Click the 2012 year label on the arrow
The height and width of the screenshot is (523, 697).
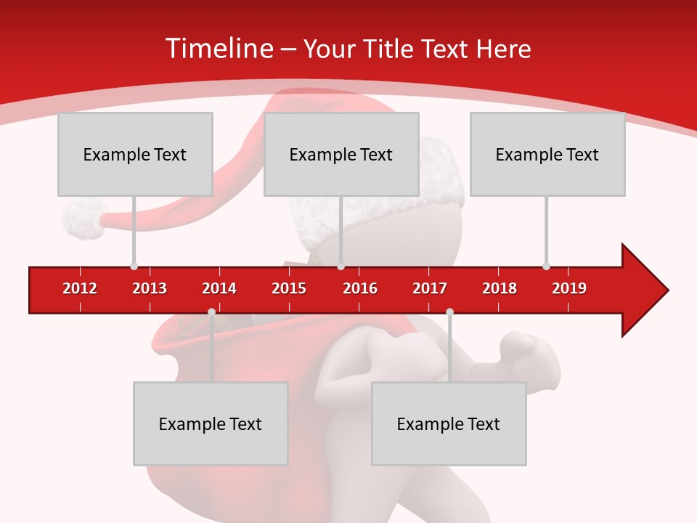pos(80,288)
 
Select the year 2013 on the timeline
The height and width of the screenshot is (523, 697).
pos(150,288)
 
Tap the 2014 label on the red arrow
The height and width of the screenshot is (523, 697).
pos(219,288)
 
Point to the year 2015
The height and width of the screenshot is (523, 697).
pos(289,288)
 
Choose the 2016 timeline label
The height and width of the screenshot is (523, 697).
pos(360,288)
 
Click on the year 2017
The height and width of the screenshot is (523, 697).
pos(430,288)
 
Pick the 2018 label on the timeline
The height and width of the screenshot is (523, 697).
pos(500,288)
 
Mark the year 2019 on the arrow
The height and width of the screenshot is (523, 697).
pos(569,288)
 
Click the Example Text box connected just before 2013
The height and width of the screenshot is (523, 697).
pos(135,154)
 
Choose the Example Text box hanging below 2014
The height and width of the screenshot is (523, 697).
pos(211,423)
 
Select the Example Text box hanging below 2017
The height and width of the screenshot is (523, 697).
pos(449,423)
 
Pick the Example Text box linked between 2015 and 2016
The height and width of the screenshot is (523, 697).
pos(341,154)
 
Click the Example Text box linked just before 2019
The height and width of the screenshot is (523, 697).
pos(547,154)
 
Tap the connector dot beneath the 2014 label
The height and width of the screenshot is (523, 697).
pos(211,312)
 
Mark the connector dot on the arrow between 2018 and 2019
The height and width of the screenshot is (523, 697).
pos(546,266)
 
